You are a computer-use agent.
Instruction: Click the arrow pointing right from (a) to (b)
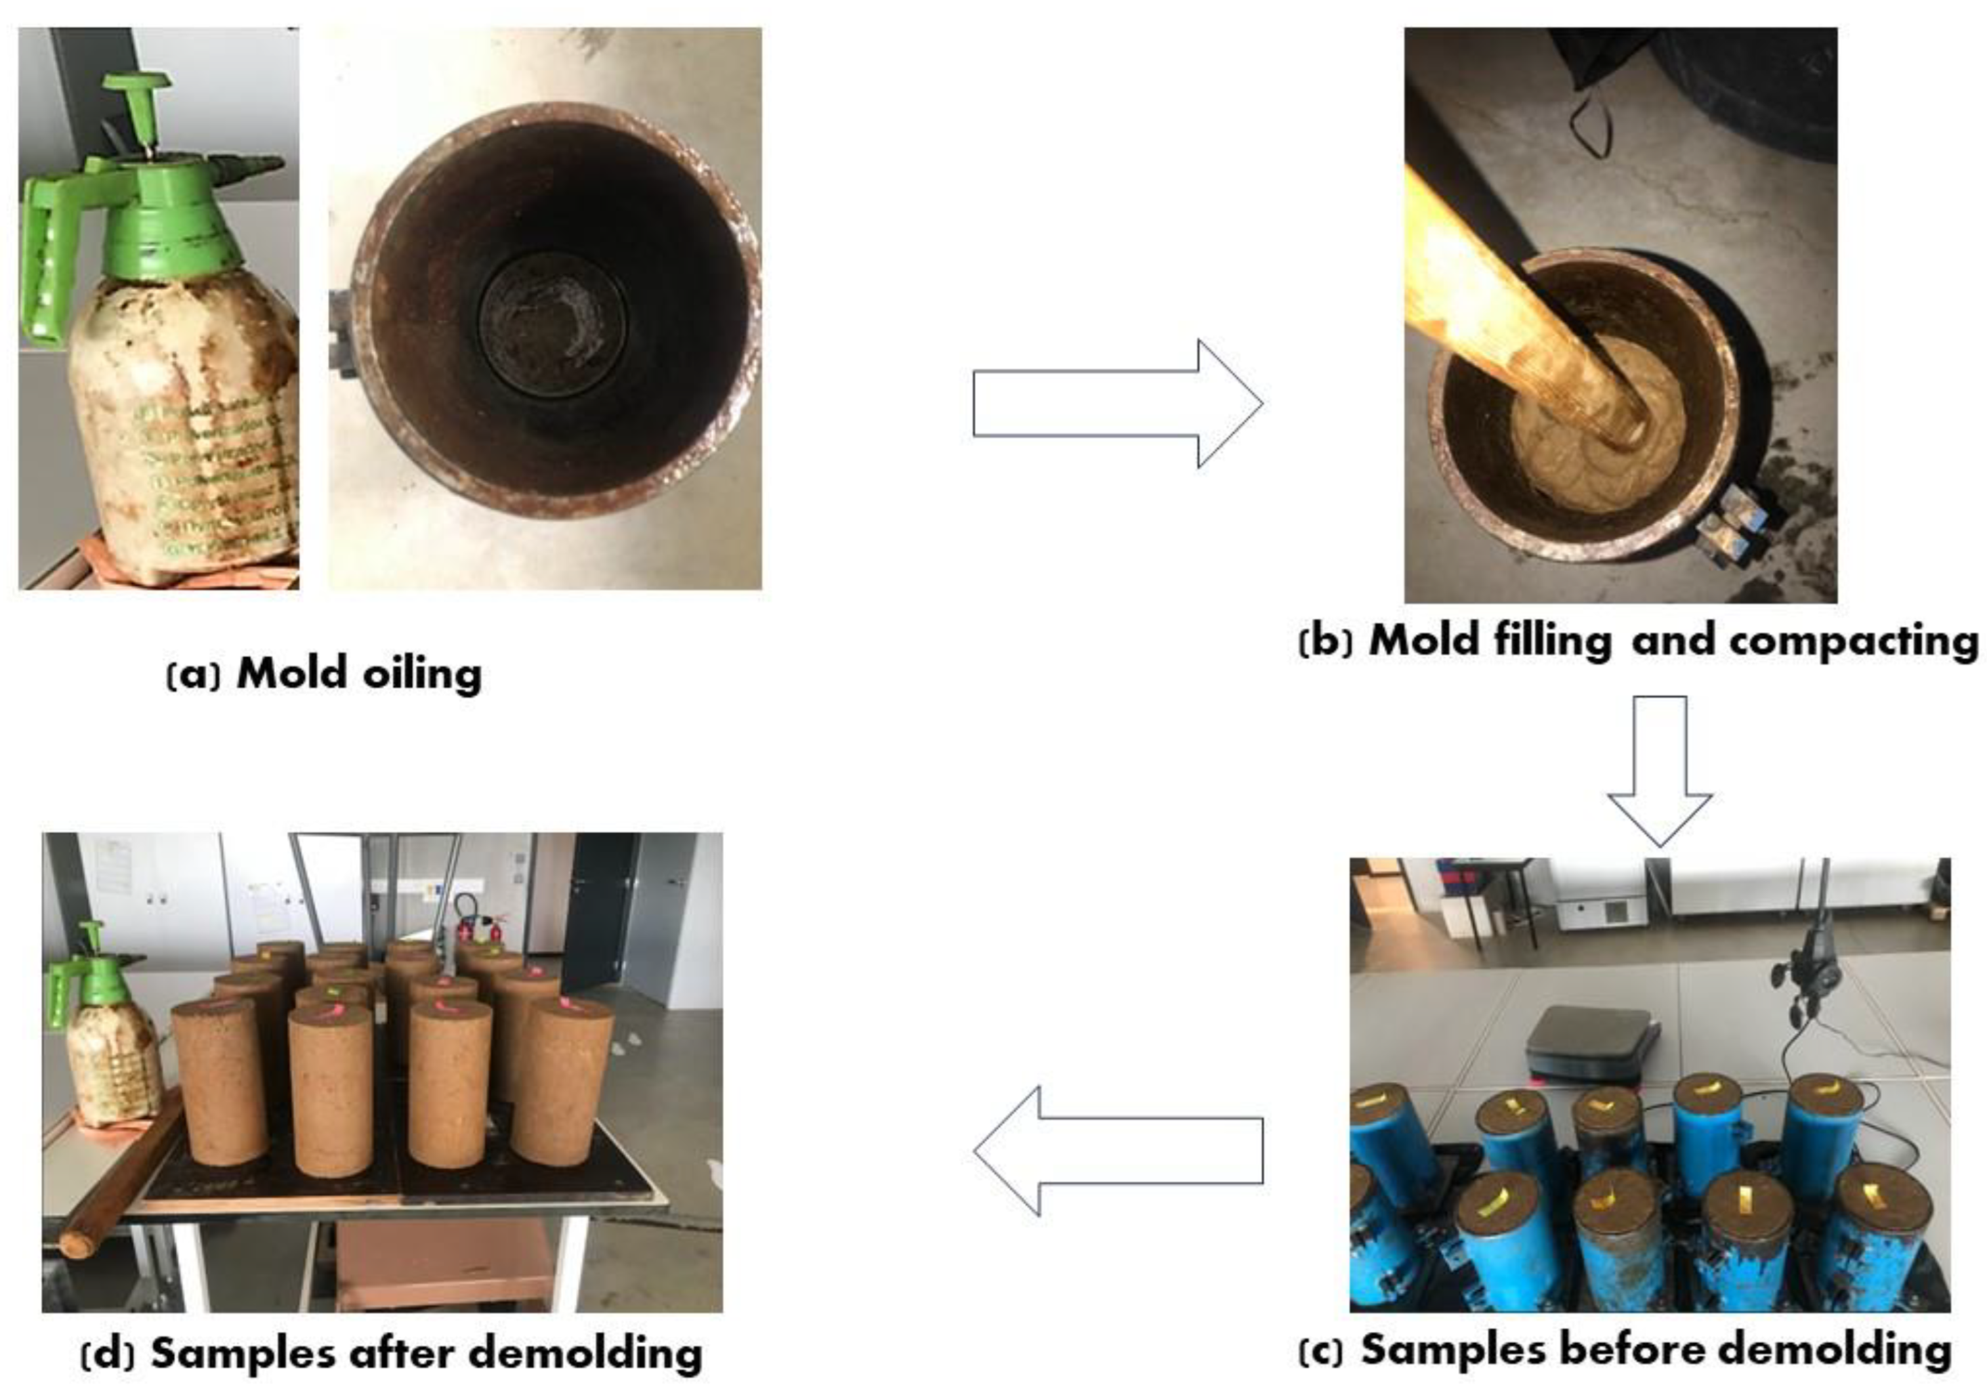(1116, 402)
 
